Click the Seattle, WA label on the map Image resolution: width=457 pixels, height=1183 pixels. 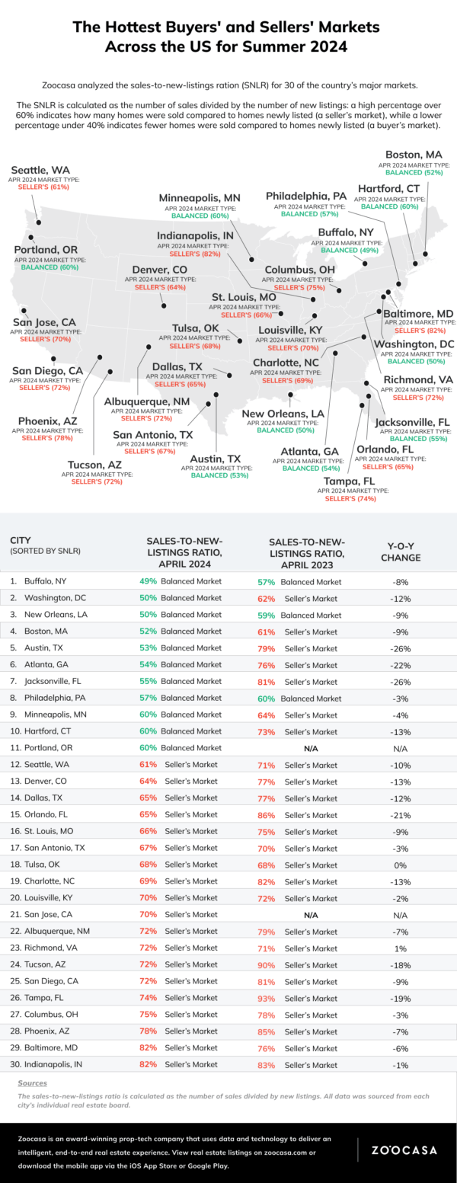40,169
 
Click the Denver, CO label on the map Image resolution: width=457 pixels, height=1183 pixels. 160,270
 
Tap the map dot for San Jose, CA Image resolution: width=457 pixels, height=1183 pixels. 25,310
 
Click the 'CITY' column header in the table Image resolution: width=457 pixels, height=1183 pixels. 21,540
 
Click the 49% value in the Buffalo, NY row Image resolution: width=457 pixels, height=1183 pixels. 149,580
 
